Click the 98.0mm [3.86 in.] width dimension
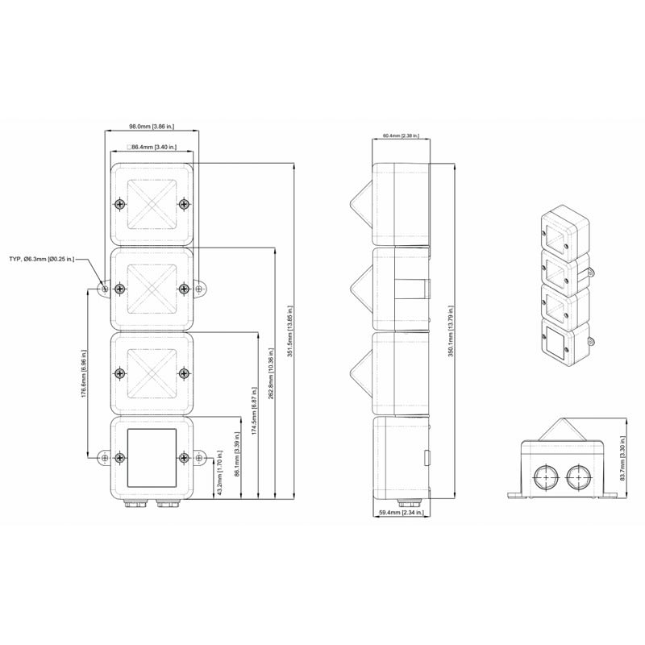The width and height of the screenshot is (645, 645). click(x=152, y=127)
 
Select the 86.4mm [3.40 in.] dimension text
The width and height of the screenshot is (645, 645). click(x=152, y=147)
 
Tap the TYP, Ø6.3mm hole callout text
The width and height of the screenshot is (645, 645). click(x=42, y=259)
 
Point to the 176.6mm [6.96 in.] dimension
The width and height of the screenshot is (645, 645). click(x=84, y=373)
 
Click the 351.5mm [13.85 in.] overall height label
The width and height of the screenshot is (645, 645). click(x=290, y=331)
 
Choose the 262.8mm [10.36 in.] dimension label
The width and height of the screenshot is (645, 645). click(x=271, y=373)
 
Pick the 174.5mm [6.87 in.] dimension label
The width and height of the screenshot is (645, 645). click(x=254, y=411)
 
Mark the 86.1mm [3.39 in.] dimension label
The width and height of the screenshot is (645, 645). click(x=237, y=454)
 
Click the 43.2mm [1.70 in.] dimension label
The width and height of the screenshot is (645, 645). click(x=219, y=473)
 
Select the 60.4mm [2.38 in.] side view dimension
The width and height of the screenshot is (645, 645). click(x=401, y=135)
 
